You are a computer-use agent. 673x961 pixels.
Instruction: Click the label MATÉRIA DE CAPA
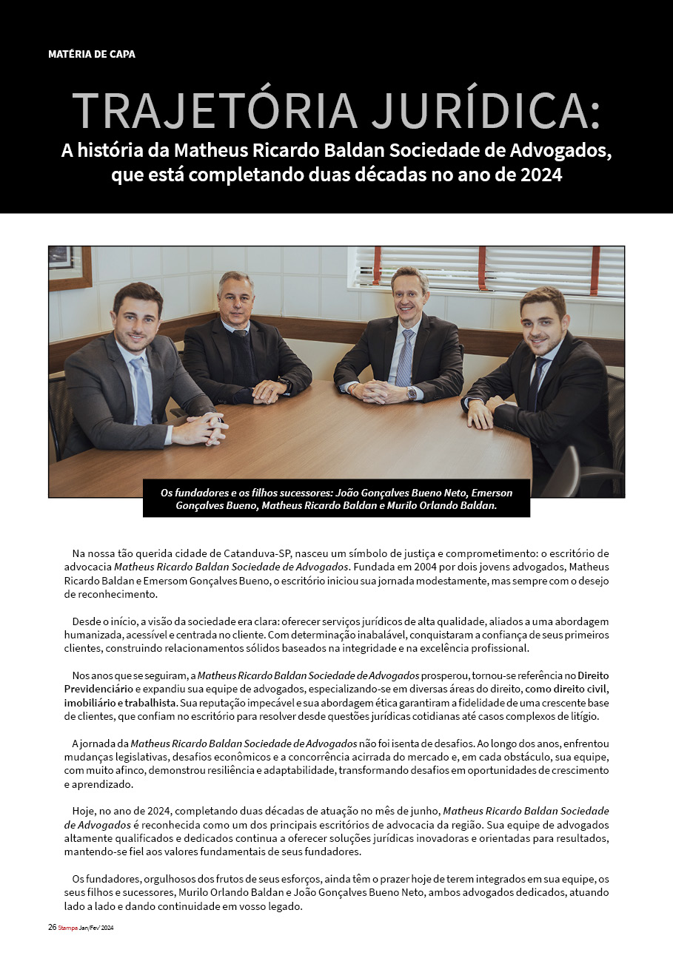tap(92, 54)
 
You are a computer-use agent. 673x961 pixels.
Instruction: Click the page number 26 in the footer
tap(52, 927)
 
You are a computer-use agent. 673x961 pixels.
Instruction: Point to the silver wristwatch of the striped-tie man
tap(411, 394)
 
